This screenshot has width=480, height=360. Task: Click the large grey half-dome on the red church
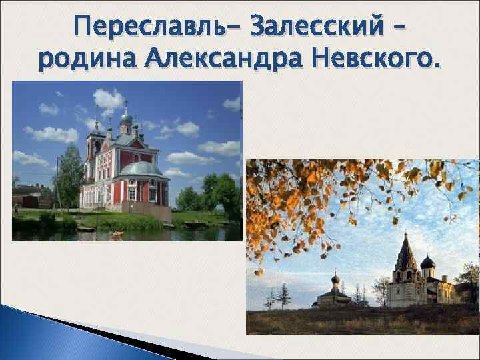(x=141, y=169)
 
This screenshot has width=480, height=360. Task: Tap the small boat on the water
(x=117, y=233)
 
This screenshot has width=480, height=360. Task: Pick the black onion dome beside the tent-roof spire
(x=428, y=262)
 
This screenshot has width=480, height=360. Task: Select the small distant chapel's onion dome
(x=335, y=279)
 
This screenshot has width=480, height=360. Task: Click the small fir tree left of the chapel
(x=283, y=293)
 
